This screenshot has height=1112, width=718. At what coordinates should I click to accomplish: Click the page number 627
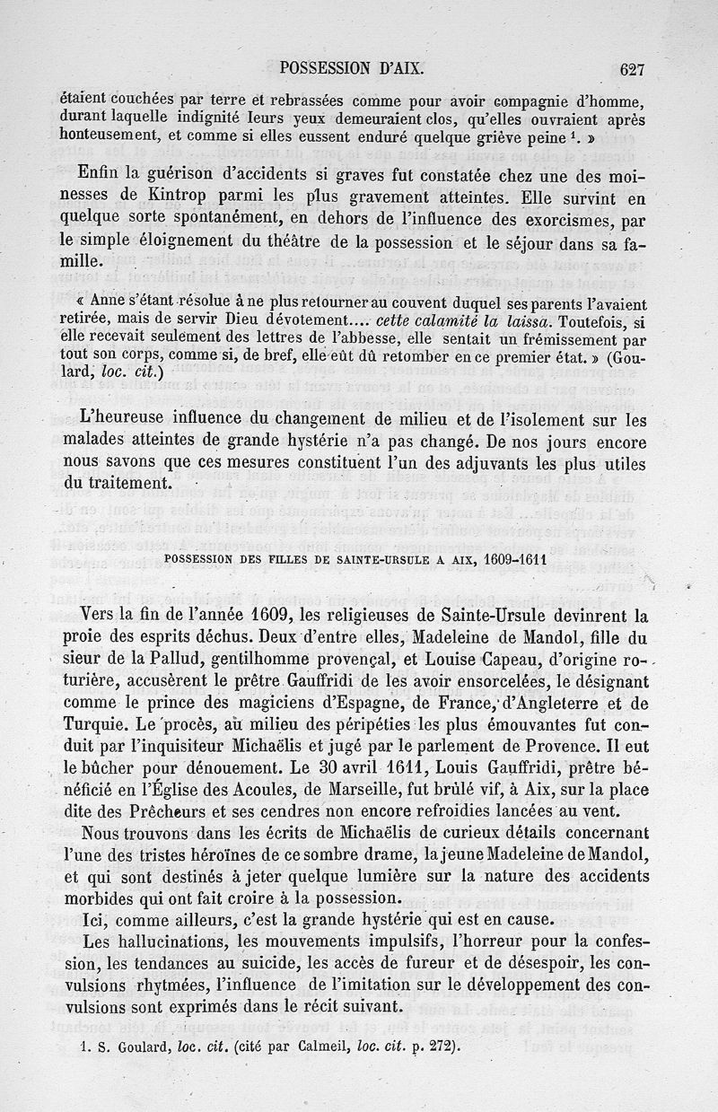(x=632, y=68)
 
